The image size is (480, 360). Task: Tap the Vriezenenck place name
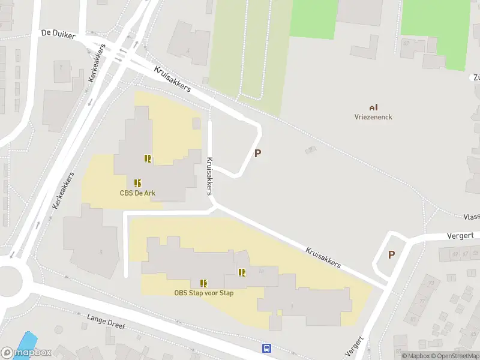[373, 117]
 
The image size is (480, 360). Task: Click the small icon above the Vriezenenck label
[373, 107]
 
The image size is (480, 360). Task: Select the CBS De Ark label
[137, 193]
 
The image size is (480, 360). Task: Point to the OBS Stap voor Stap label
[204, 293]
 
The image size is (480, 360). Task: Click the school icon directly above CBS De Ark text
[137, 182]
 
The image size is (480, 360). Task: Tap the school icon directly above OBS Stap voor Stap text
[204, 283]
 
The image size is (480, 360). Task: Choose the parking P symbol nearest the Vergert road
[391, 254]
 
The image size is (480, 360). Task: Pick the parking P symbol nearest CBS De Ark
[258, 153]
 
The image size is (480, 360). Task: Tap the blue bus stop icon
[266, 348]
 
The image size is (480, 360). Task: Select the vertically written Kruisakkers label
[209, 176]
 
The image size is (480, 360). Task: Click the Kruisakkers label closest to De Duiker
[172, 79]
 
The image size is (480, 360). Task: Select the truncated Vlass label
[471, 217]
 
